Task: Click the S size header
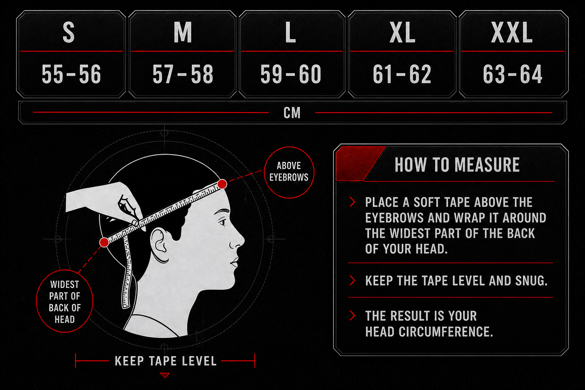(x=69, y=32)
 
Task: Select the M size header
(x=183, y=32)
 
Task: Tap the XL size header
(x=402, y=32)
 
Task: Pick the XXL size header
(x=512, y=32)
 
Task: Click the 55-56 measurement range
(x=71, y=74)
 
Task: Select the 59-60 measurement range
(x=291, y=74)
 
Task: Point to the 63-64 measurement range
(x=513, y=74)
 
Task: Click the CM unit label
(x=292, y=113)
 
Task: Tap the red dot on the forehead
(x=222, y=184)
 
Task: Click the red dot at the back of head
(x=104, y=242)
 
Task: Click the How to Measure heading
(x=457, y=165)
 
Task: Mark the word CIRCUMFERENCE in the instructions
(x=446, y=332)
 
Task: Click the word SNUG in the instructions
(x=531, y=281)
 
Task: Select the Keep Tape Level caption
(x=166, y=361)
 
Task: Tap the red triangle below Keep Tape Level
(x=165, y=375)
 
